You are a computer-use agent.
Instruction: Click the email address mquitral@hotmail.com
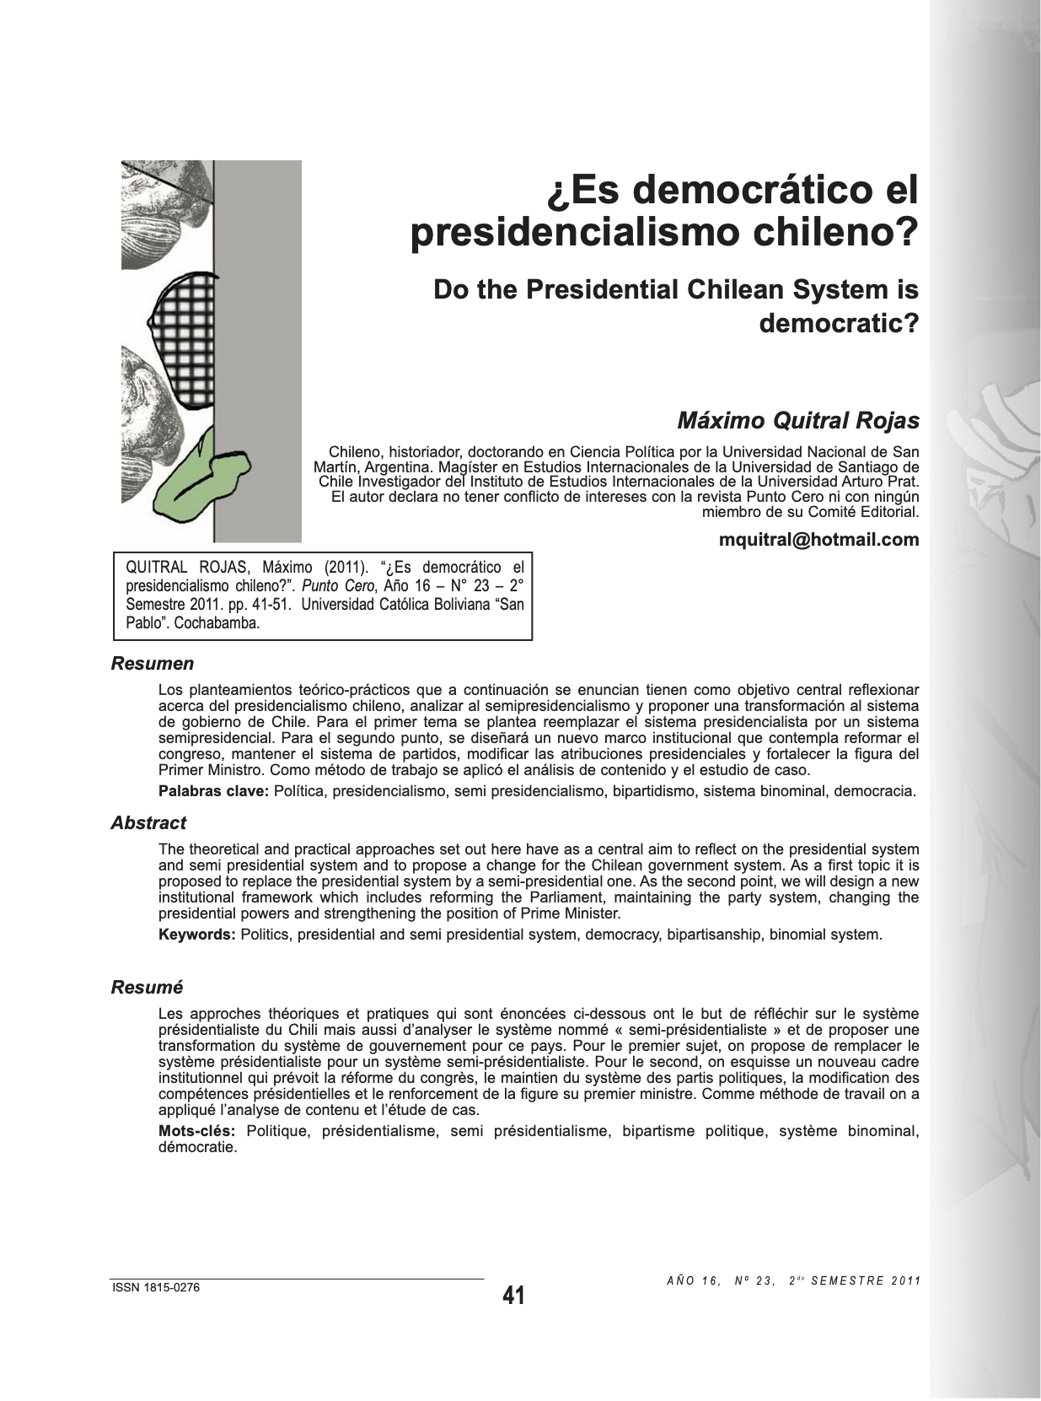pos(818,540)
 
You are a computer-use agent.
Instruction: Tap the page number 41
pos(513,1296)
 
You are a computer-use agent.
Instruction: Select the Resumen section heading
pos(153,664)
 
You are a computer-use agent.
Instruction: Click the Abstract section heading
pos(148,823)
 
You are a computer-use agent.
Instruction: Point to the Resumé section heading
pos(147,988)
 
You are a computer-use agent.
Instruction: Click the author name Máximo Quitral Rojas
pos(798,420)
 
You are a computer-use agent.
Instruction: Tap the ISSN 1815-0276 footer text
pos(156,1288)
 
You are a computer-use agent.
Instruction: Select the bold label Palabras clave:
pos(214,791)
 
